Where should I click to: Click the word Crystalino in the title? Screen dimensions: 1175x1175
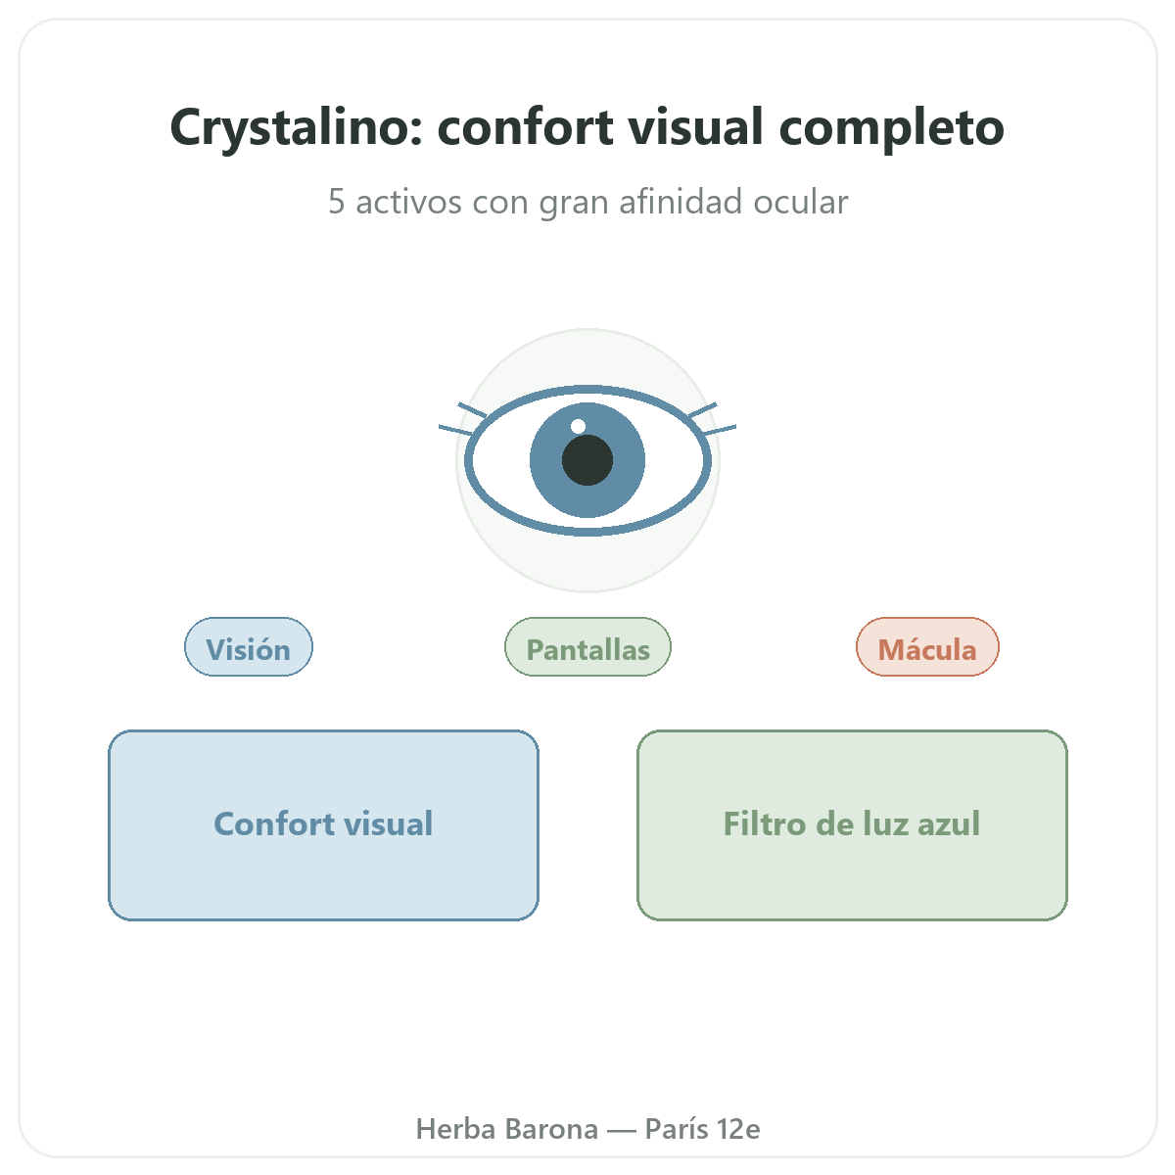pos(296,128)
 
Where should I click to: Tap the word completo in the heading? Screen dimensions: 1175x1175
pos(891,129)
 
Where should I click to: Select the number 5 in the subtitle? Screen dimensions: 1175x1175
pos(336,202)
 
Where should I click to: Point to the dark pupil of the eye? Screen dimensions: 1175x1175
pos(587,460)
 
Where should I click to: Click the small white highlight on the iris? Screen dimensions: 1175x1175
pos(578,426)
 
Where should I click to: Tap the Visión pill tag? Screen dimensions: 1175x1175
pos(249,647)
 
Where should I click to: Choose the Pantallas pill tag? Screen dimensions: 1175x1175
pos(587,647)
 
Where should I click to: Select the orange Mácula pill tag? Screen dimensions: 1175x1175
pos(927,647)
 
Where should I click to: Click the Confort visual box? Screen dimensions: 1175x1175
pos(323,825)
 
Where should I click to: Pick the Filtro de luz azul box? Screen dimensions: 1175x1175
pos(852,825)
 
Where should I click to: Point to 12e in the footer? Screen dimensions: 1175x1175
pos(738,1129)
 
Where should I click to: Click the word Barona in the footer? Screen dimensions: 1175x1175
pos(551,1129)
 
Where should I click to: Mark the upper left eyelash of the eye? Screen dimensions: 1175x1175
pos(473,409)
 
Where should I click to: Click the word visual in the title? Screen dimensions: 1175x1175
pos(696,127)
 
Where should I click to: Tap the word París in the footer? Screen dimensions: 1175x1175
pos(676,1129)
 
